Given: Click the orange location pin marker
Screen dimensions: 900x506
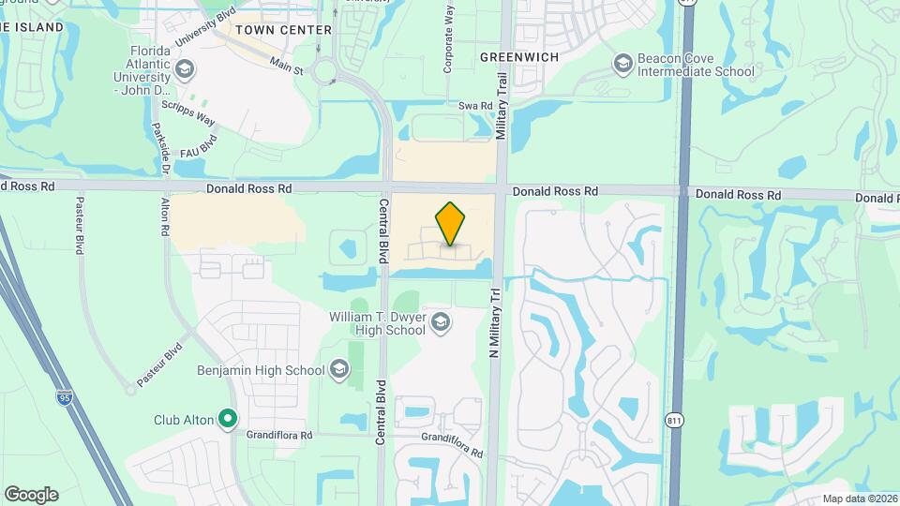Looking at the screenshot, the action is (x=451, y=224).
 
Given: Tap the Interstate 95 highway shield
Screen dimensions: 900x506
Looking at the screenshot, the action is (x=64, y=398).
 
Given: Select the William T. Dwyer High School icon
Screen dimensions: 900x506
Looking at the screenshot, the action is (x=440, y=323).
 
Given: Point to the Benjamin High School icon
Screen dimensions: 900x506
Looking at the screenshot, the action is (x=338, y=370).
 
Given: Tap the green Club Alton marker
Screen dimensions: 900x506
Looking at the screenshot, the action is (x=227, y=419).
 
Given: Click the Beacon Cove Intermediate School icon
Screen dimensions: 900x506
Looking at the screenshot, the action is (x=622, y=64).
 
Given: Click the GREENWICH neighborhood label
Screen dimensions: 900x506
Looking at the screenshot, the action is (x=519, y=57).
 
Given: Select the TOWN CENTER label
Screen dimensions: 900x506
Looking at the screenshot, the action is (x=284, y=30).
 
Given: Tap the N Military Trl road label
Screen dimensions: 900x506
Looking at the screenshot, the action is (x=495, y=323).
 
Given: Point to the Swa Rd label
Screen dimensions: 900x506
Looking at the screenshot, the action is (x=475, y=107).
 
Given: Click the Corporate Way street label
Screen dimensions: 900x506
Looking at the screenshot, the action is (x=449, y=37).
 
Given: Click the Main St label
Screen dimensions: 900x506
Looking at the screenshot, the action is (x=287, y=65).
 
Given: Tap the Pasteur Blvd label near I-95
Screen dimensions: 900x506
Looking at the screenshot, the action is (x=158, y=365).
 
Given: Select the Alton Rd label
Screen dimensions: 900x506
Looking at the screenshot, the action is (x=164, y=216).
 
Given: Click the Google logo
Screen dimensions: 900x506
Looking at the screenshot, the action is (x=31, y=494).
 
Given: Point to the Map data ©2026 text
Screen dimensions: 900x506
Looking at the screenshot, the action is (x=859, y=499).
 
